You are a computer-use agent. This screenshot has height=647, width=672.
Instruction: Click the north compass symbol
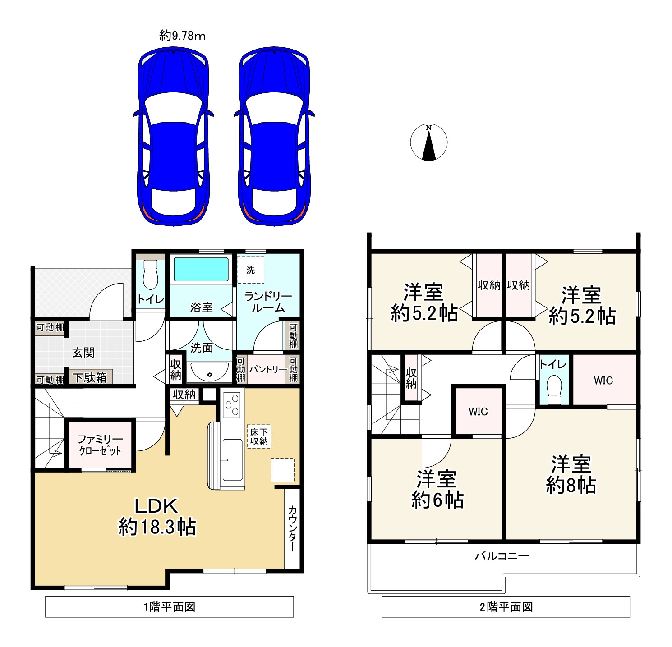click(429, 142)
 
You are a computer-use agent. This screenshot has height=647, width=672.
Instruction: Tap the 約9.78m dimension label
click(182, 36)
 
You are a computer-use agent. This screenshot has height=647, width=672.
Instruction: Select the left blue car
click(174, 137)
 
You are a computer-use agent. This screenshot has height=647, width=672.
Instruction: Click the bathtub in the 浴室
click(201, 270)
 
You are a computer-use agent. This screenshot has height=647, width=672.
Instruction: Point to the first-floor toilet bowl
click(150, 275)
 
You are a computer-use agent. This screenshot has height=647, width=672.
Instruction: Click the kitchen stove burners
click(232, 403)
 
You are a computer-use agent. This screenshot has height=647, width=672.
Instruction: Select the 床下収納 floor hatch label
click(259, 436)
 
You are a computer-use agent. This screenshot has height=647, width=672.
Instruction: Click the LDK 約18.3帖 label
click(157, 516)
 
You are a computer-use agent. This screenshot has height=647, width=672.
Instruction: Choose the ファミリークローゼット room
click(100, 445)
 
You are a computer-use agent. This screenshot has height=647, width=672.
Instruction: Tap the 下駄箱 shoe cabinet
click(90, 378)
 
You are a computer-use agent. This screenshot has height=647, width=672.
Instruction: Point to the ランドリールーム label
click(268, 302)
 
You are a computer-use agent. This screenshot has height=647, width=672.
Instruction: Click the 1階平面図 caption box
click(170, 607)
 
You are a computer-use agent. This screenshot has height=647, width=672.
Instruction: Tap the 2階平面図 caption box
click(506, 607)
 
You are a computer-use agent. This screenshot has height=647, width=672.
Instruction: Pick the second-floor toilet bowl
click(554, 389)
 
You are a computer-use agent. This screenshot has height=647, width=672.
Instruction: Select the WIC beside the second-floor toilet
click(604, 380)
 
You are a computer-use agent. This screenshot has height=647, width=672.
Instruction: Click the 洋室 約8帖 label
click(571, 475)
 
